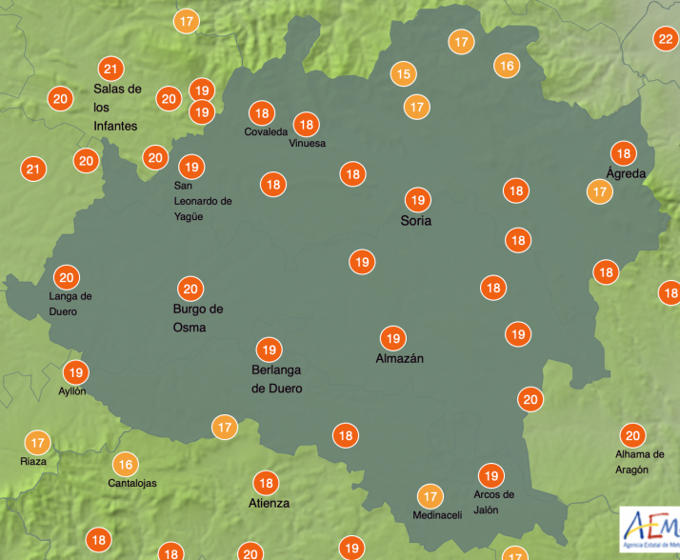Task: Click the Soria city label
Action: pyautogui.click(x=415, y=221)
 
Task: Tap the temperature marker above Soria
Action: pyautogui.click(x=416, y=200)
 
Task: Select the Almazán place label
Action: pyautogui.click(x=399, y=358)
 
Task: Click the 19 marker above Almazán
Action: pyautogui.click(x=392, y=337)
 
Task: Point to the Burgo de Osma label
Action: pyautogui.click(x=197, y=318)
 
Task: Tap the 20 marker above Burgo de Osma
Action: pyautogui.click(x=190, y=288)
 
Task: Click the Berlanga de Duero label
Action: pyautogui.click(x=276, y=379)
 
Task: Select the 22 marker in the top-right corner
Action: pyautogui.click(x=665, y=39)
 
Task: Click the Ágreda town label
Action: pyautogui.click(x=626, y=173)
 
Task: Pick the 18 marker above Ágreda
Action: pyautogui.click(x=624, y=153)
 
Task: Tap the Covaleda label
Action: pyautogui.click(x=266, y=131)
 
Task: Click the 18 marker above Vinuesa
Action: pyautogui.click(x=306, y=124)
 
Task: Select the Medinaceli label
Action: pyautogui.click(x=437, y=515)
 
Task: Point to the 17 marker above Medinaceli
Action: pyautogui.click(x=430, y=495)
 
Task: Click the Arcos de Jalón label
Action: pyautogui.click(x=493, y=502)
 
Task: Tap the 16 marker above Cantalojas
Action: pyautogui.click(x=125, y=465)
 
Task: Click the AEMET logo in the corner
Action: pyautogui.click(x=649, y=528)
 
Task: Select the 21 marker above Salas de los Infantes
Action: pyautogui.click(x=111, y=69)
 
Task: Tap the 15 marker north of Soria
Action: pyautogui.click(x=404, y=73)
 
